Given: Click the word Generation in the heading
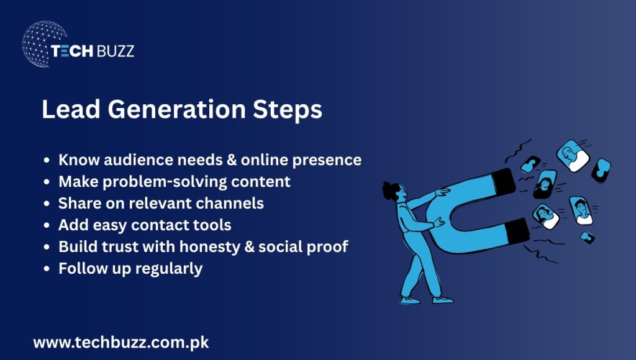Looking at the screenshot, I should coord(177,110).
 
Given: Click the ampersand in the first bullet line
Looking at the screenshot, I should coord(229,160).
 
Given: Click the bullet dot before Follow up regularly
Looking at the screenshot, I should coord(47,269).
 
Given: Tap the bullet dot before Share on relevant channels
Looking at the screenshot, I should coord(47,204).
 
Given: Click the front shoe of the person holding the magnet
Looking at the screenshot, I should coord(443,300).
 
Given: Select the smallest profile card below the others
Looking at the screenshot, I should coord(586,236).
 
